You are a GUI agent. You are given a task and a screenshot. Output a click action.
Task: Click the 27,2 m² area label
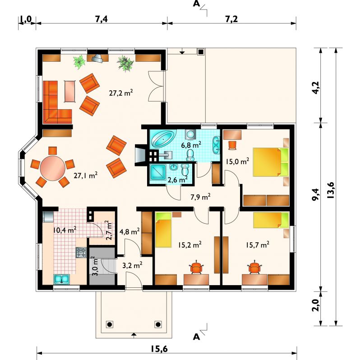click(x=121, y=93)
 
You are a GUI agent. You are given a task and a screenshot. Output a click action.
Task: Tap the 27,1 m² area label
click(x=85, y=175)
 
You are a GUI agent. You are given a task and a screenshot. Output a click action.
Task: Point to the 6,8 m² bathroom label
click(x=191, y=145)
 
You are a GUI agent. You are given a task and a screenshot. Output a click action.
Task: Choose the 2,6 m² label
click(x=177, y=180)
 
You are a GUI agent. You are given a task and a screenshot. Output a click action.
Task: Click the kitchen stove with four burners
click(x=81, y=253)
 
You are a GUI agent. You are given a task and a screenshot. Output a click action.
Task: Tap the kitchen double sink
click(x=62, y=279)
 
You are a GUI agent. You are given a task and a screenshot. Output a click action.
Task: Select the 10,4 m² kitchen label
click(x=65, y=230)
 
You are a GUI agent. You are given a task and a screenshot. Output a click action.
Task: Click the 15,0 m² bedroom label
click(x=237, y=162)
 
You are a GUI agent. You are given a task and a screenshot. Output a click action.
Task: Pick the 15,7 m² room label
click(x=257, y=245)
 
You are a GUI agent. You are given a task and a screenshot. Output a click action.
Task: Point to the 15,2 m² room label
click(x=190, y=245)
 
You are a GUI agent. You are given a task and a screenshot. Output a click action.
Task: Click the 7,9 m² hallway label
click(x=200, y=197)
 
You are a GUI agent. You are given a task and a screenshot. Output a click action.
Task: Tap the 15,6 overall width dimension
click(x=159, y=349)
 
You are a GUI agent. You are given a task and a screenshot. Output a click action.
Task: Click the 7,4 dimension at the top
click(x=102, y=19)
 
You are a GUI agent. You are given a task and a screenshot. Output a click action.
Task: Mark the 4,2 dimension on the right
click(x=316, y=88)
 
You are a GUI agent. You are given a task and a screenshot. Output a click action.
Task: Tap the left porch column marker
click(x=110, y=324)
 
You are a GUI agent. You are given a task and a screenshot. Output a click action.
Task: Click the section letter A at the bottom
click(x=196, y=337)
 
